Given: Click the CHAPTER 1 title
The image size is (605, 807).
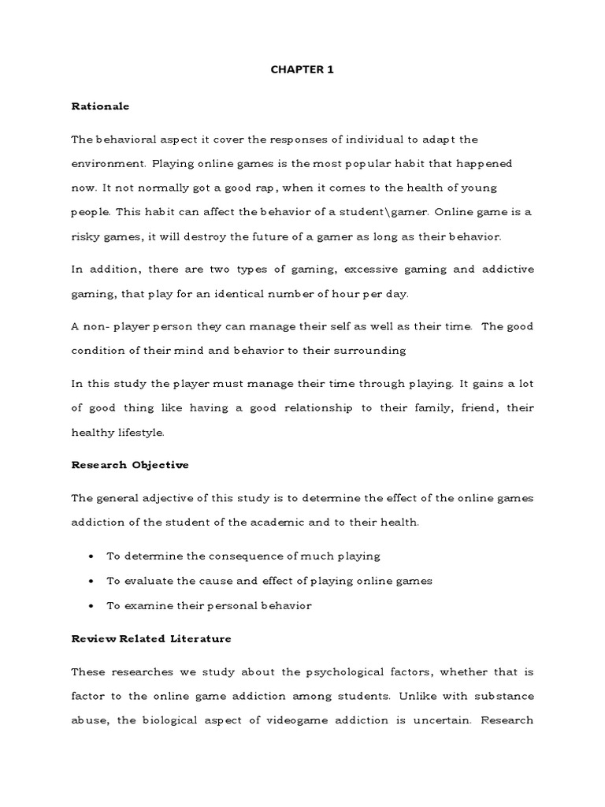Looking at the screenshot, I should click(302, 69).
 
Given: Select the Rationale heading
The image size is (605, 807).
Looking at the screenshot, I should click(100, 105).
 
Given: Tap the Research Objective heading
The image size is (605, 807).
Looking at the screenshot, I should click(130, 465).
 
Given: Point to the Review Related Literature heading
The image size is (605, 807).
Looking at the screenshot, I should click(151, 638).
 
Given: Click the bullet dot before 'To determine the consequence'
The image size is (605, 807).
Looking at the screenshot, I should click(92, 556).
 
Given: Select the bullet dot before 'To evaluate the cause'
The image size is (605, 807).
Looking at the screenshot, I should click(92, 581).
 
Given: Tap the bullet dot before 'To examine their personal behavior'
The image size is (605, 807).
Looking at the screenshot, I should click(92, 606).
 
